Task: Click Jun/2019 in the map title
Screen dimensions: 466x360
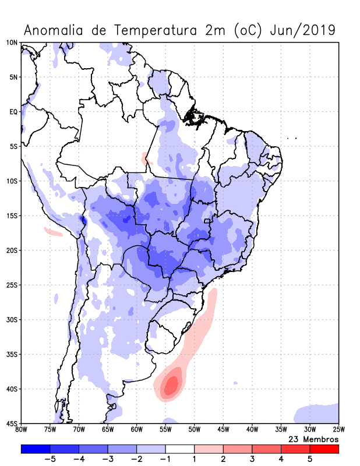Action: point(303,30)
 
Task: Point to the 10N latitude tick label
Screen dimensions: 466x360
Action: point(12,43)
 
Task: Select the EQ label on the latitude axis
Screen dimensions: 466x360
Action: point(13,112)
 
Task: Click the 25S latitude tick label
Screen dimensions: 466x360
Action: point(12,285)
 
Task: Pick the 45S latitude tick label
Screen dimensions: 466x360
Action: point(12,423)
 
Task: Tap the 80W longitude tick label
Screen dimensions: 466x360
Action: point(21,430)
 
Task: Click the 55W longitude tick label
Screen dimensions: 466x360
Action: point(165,430)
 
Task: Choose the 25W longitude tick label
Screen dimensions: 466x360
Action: point(338,430)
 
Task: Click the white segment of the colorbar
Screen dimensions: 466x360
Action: point(180,449)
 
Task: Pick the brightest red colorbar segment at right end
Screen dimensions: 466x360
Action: point(324,449)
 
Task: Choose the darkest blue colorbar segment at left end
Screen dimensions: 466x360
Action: point(36,449)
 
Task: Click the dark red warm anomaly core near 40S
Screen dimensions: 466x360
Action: point(171,384)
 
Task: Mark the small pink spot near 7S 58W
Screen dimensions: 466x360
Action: point(145,157)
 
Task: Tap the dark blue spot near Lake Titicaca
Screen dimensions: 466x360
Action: point(83,220)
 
